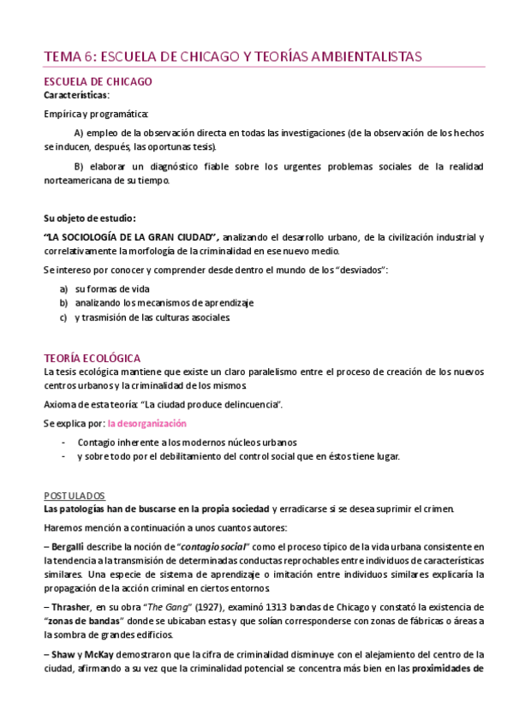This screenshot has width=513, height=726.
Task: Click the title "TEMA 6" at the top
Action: pos(70,57)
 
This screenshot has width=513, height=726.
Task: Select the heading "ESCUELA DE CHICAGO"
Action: pos(98,82)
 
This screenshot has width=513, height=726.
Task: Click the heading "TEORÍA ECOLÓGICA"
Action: pos(92,358)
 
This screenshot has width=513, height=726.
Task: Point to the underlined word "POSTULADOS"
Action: pos(74,496)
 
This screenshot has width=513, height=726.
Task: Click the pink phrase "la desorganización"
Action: pos(146,424)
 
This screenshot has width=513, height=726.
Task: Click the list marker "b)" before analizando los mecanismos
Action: pos(63,303)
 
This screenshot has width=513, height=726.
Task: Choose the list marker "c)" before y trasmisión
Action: pos(63,317)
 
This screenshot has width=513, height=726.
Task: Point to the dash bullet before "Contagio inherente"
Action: pos(64,443)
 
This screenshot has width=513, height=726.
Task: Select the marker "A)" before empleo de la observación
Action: pos(80,134)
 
